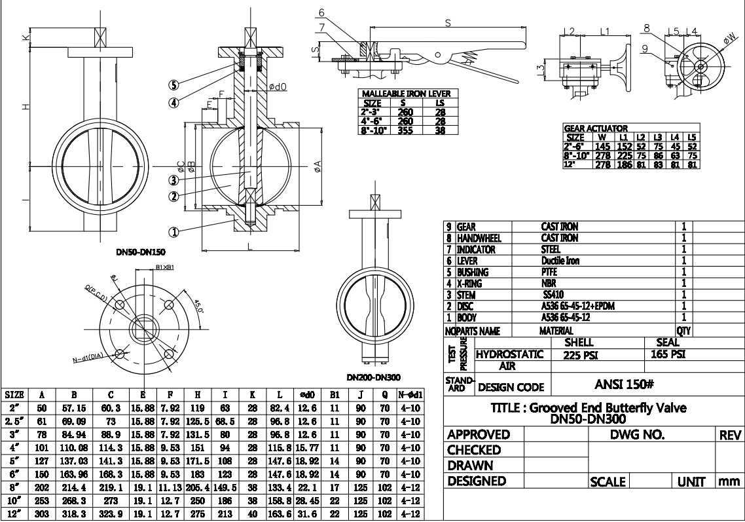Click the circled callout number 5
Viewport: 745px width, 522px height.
click(174, 84)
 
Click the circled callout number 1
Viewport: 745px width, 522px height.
click(174, 231)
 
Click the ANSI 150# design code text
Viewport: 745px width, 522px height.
click(627, 386)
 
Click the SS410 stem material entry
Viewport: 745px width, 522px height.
click(552, 293)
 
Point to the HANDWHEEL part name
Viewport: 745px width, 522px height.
click(475, 238)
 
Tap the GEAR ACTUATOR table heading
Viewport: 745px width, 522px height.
click(596, 128)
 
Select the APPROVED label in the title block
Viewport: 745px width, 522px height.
click(478, 435)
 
